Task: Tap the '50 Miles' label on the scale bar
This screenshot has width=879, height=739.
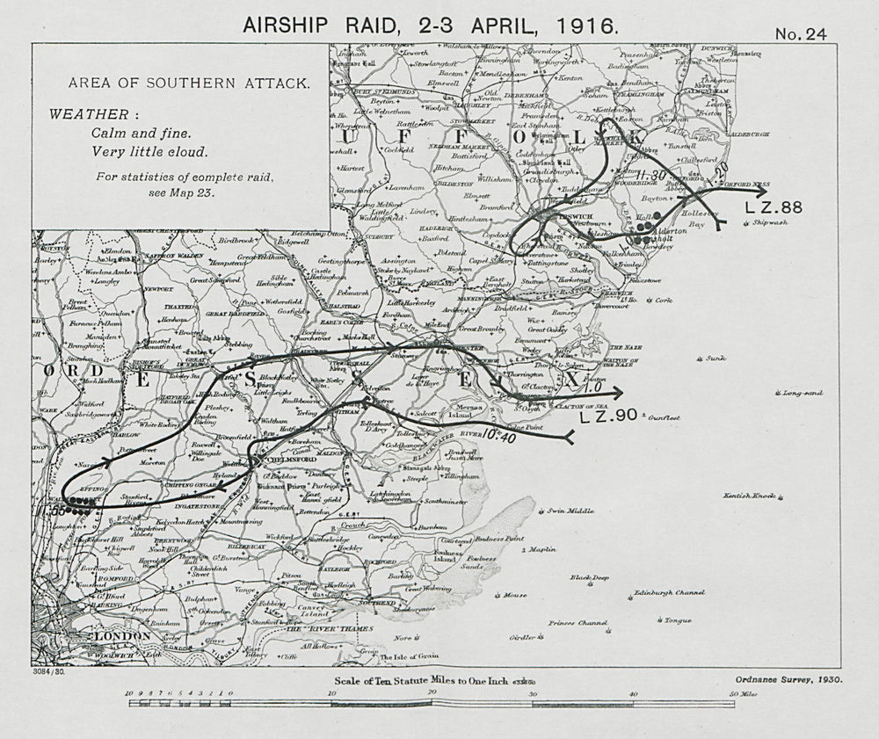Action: [745, 693]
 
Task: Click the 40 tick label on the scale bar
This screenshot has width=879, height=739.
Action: [632, 693]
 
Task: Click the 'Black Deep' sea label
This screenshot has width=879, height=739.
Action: [589, 577]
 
